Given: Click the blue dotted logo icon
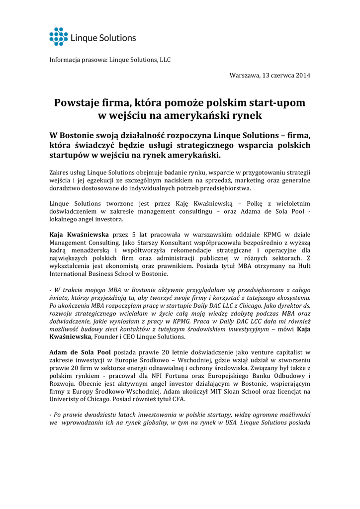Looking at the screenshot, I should click(x=58, y=37).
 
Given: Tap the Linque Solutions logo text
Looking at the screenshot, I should click(x=102, y=38).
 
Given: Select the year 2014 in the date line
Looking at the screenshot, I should click(x=303, y=75).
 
